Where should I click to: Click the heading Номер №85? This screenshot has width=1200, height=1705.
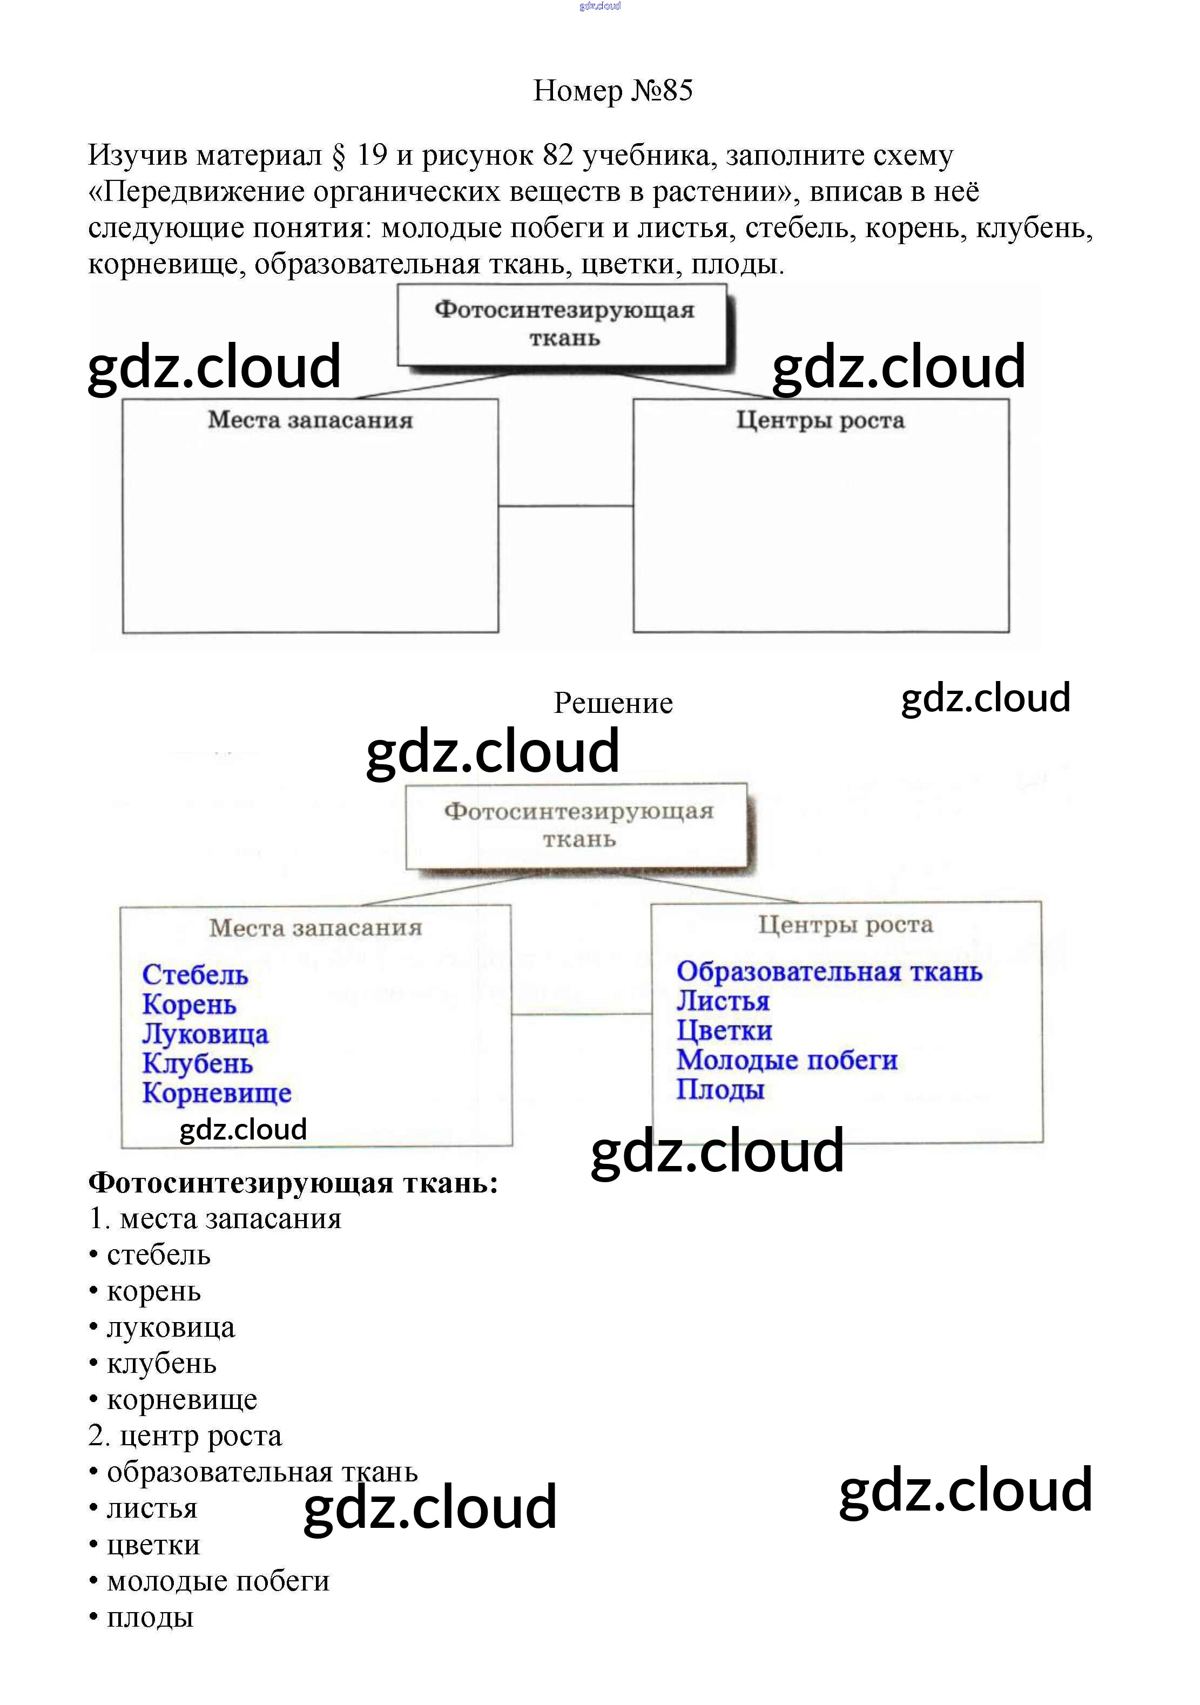point(612,91)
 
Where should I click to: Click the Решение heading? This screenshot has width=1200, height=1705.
point(612,703)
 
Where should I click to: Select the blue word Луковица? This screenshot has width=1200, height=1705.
point(205,1034)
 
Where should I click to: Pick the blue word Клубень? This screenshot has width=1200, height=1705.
point(198,1063)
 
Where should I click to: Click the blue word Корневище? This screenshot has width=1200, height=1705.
point(217,1093)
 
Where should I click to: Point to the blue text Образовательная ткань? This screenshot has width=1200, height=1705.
point(828,971)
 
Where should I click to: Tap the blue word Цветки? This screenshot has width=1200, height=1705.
point(724,1030)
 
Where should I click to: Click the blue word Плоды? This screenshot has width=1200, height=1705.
point(719,1090)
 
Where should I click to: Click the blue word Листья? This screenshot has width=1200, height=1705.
point(723,1001)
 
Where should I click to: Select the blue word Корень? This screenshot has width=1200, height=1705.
point(190,1004)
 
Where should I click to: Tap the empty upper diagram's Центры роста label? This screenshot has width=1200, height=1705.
point(820,420)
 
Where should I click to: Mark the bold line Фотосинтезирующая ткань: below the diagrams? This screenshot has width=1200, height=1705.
point(293,1183)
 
